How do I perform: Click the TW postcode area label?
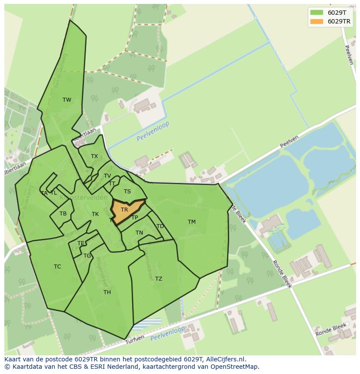point(67,100)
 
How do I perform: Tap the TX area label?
point(94,156)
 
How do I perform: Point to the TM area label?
point(192,222)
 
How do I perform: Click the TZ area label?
point(159,279)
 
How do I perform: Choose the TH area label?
point(107,292)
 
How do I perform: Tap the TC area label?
point(57,267)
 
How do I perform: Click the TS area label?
point(127,192)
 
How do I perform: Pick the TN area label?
point(139,233)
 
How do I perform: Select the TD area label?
point(160,226)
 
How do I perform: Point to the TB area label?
point(63,214)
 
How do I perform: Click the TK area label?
point(95,214)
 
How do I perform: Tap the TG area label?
point(87,256)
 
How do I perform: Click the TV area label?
point(107,176)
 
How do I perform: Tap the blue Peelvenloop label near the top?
point(153,131)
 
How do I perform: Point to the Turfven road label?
point(134,341)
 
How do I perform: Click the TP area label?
point(135,218)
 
